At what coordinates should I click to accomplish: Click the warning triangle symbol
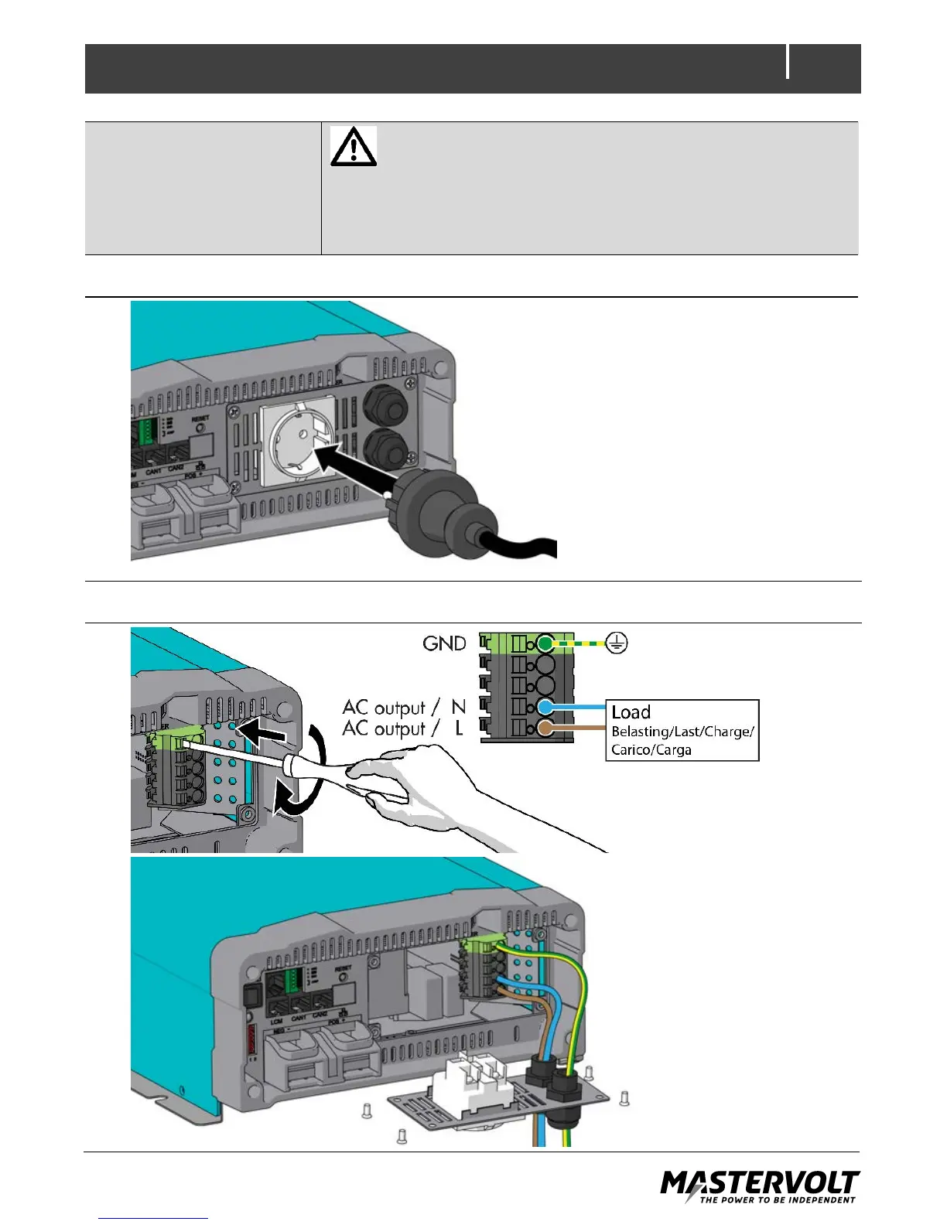[354, 146]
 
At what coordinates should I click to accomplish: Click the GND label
[444, 643]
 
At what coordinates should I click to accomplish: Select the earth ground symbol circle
[616, 643]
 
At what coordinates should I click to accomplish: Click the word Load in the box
[631, 712]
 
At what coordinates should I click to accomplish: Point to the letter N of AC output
[459, 707]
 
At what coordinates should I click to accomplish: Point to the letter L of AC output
[459, 729]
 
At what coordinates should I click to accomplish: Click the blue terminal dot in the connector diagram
[546, 707]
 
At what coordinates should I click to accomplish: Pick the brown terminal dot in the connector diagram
[546, 728]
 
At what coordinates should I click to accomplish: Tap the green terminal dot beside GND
[546, 643]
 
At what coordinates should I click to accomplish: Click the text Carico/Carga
[651, 749]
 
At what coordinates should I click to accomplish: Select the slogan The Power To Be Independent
[778, 1200]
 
